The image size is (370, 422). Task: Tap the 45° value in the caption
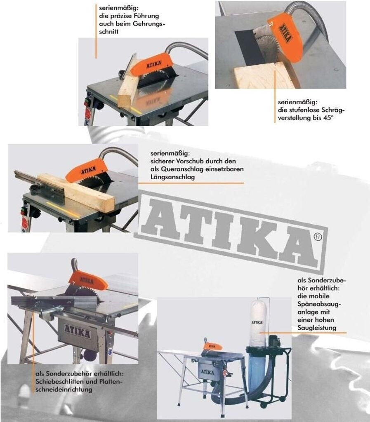pyautogui.click(x=328, y=118)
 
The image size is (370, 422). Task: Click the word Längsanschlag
pyautogui.click(x=172, y=177)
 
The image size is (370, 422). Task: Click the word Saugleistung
pyautogui.click(x=317, y=328)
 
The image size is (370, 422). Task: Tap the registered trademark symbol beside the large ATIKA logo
pyautogui.click(x=318, y=237)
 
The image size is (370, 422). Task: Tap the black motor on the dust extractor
pyautogui.click(x=275, y=340)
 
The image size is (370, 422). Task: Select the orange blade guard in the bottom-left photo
pyautogui.click(x=88, y=281)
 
